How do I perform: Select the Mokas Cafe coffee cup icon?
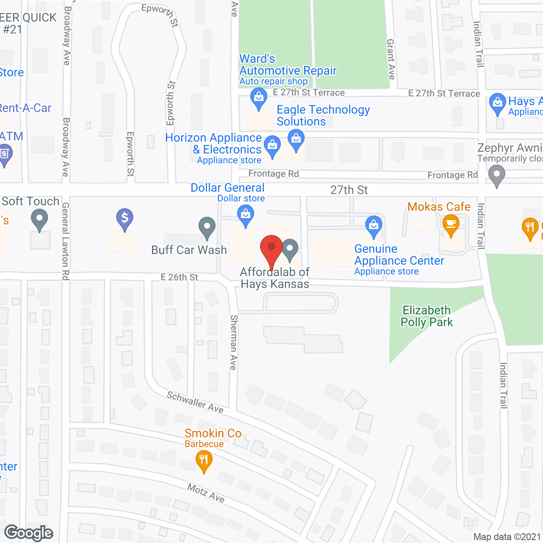tap(451, 225)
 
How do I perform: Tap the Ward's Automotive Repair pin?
tap(258, 98)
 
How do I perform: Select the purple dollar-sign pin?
tap(125, 219)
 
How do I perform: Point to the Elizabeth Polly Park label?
tap(427, 316)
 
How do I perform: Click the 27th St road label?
tap(349, 190)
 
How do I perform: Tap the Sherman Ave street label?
tap(233, 342)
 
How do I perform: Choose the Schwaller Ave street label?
tap(195, 402)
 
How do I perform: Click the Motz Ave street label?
tap(206, 493)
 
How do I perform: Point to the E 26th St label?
tap(179, 277)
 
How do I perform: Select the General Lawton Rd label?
tap(65, 241)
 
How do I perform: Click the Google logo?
tap(29, 533)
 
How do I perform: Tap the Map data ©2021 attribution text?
tap(507, 537)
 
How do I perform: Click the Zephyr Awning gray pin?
tap(496, 175)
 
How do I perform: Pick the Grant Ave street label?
tap(391, 59)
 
